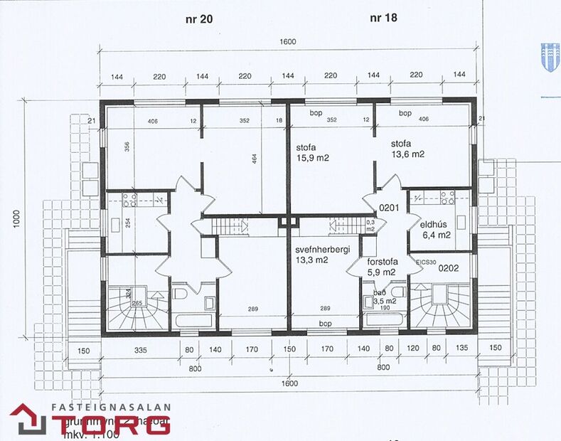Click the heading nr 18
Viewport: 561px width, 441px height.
(383, 19)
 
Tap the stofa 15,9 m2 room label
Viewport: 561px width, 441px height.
(313, 154)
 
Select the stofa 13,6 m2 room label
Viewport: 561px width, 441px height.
(407, 148)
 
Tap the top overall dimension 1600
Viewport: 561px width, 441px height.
(287, 43)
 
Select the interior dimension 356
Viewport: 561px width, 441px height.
(126, 148)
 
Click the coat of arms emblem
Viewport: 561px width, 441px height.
(548, 53)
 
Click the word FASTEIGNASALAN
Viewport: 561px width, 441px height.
(112, 408)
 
